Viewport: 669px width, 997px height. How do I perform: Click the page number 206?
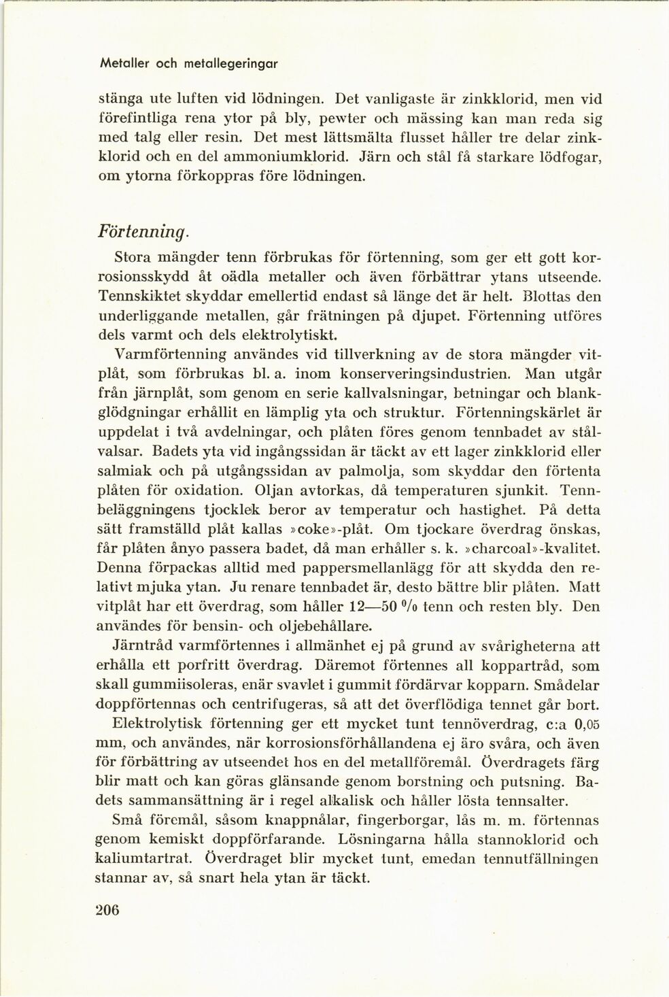109,910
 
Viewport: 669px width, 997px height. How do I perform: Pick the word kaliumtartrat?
151,858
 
